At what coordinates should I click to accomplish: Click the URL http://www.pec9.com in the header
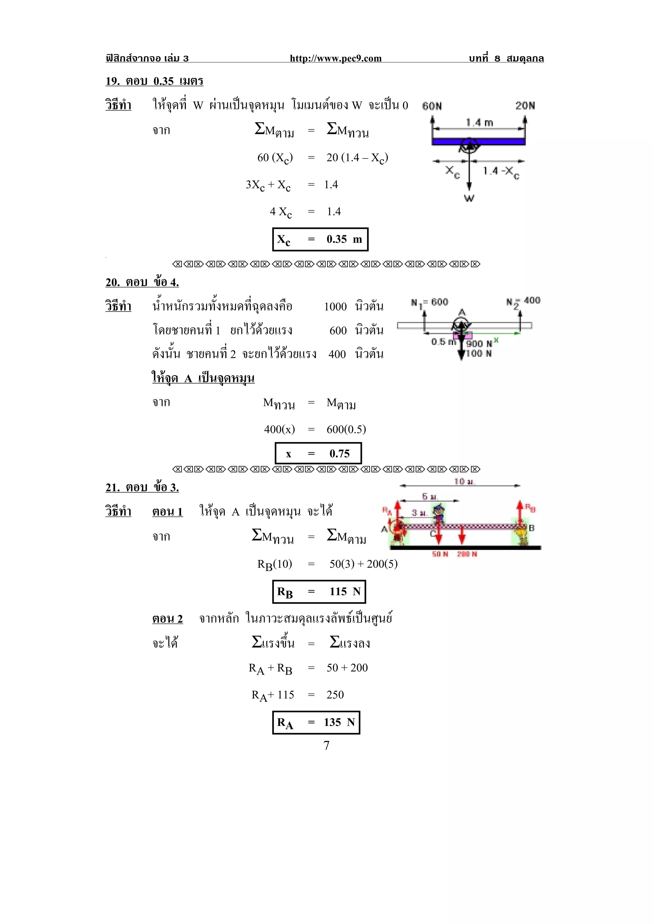[x=335, y=58]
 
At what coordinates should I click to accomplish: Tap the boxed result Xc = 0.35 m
[x=320, y=239]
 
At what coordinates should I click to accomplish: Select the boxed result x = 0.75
[x=318, y=453]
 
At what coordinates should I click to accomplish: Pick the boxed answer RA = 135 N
[x=316, y=722]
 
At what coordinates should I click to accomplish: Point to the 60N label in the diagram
[x=432, y=106]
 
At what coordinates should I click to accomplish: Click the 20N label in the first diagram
[x=525, y=106]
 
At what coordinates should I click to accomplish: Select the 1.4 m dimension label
[x=479, y=122]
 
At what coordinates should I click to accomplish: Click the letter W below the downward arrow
[x=469, y=198]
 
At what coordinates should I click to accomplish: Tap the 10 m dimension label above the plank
[x=465, y=481]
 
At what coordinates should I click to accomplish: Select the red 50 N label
[x=440, y=554]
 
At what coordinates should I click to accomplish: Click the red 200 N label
[x=467, y=554]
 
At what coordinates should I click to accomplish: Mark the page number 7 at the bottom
[x=326, y=745]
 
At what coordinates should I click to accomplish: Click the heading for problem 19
[x=154, y=81]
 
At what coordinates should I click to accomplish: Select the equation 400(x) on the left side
[x=279, y=429]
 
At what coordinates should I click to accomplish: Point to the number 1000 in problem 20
[x=335, y=307]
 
